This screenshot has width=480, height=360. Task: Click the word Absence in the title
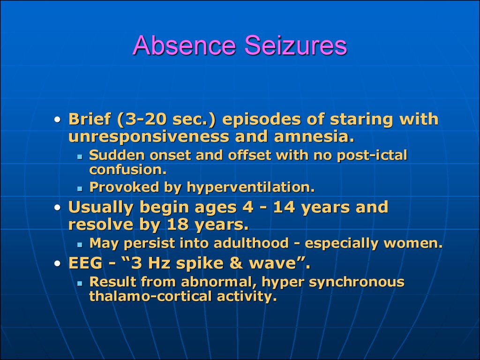point(184,45)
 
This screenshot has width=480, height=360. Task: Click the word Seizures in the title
point(296,45)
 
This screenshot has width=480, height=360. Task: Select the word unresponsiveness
point(149,136)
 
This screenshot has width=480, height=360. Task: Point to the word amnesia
point(314,136)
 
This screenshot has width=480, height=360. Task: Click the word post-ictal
point(372,156)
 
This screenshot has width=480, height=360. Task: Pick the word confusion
point(127,170)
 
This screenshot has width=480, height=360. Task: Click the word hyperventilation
point(251,187)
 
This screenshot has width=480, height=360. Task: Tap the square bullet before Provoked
point(80,189)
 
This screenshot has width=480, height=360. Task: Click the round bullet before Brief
point(58,120)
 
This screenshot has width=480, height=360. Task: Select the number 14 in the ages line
point(284,207)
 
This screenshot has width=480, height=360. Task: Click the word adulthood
point(251,243)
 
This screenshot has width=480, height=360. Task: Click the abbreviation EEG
point(85,263)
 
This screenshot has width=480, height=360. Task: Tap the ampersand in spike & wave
point(236,263)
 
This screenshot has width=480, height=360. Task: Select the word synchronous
point(357,282)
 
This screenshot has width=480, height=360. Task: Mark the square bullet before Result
point(80,284)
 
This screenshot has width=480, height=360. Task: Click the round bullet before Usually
point(58,208)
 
